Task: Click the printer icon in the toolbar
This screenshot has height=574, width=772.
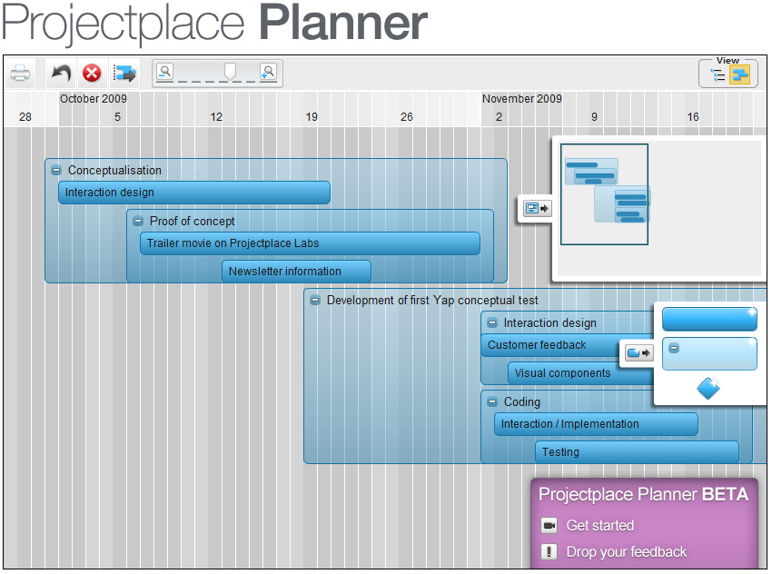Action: [20, 74]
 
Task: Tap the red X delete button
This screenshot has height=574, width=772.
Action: [92, 74]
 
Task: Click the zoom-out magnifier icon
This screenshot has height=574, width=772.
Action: [165, 72]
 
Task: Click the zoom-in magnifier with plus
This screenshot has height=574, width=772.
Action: [268, 72]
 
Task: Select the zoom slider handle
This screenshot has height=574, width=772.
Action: [230, 72]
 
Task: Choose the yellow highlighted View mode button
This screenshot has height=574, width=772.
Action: [739, 74]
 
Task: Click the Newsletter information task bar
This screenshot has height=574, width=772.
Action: [296, 272]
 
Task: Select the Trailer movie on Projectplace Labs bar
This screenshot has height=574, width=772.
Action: [311, 243]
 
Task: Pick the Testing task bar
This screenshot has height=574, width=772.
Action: [637, 452]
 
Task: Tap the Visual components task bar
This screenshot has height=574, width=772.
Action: [581, 373]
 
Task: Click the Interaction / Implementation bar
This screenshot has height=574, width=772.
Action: [596, 424]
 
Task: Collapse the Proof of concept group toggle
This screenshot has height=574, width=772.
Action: [138, 222]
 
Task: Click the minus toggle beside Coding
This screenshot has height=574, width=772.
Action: [492, 401]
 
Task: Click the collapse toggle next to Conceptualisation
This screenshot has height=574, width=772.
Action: [56, 171]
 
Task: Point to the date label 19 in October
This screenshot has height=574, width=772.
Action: [312, 116]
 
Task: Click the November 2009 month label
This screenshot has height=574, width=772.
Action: [522, 98]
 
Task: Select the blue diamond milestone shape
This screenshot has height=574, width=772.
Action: [708, 389]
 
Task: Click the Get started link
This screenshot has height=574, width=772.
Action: [600, 525]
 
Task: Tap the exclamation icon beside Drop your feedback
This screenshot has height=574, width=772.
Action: [549, 552]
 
